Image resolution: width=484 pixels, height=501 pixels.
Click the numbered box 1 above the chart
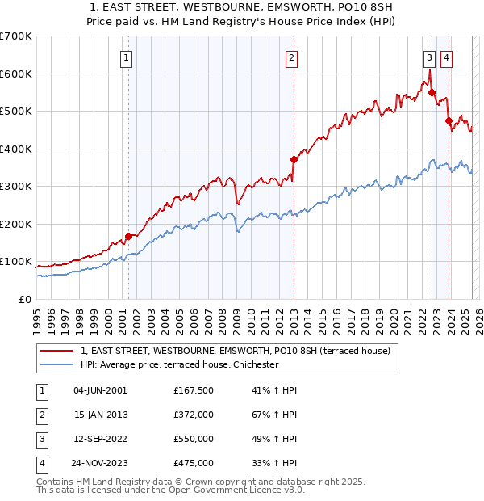[128, 57]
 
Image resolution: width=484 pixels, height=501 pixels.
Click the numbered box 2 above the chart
[290, 57]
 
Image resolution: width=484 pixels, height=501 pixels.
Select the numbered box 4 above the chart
[446, 57]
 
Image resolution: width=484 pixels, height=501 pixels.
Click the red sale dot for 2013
[294, 159]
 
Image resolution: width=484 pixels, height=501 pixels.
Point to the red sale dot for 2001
[128, 236]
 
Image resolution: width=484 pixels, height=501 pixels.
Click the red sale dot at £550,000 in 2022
[432, 92]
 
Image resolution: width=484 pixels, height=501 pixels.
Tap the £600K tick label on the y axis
[15, 74]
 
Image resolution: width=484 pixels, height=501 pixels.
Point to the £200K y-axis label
[15, 224]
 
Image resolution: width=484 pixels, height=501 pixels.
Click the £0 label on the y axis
[24, 299]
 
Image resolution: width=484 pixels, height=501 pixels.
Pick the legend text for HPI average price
[179, 364]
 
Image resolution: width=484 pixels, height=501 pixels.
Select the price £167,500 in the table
[194, 390]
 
